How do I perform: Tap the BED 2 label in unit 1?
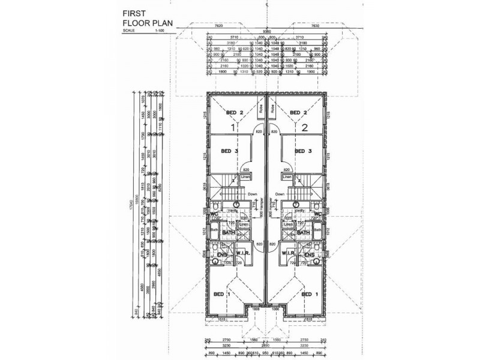point(234,113)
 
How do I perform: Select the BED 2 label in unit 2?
point(298,113)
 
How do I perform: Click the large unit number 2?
point(304,127)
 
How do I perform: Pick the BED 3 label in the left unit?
point(229,151)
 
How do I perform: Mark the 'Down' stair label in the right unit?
point(280,194)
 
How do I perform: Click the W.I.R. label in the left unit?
point(242,254)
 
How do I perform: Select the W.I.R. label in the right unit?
point(290,254)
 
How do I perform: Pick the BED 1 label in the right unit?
point(309,295)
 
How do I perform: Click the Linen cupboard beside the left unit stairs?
point(245,178)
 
